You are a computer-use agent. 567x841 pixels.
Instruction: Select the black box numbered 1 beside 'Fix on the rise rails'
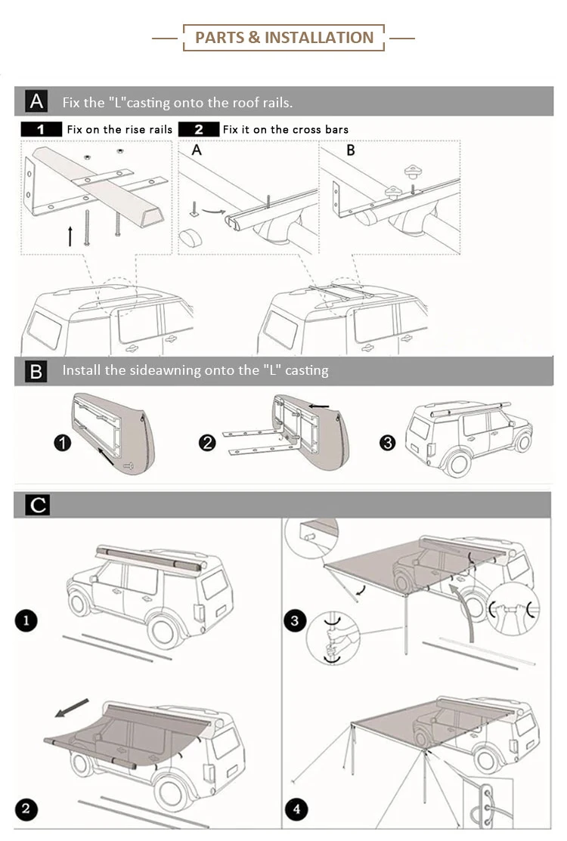tap(41, 129)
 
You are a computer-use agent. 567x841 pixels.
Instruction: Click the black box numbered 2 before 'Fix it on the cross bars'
tap(199, 129)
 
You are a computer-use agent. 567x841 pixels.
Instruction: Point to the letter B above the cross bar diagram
tap(351, 150)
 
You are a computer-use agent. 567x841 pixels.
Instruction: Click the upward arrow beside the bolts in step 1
tap(70, 234)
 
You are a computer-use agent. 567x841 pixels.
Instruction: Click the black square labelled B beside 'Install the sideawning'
tap(36, 371)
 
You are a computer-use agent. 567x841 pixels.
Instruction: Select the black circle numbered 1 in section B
tap(63, 444)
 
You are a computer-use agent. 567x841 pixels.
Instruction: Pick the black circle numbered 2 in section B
tap(207, 444)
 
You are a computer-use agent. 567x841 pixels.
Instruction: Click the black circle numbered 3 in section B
tap(388, 443)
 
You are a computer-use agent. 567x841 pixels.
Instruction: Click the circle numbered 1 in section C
tap(26, 621)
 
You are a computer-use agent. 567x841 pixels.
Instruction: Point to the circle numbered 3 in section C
tap(295, 621)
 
